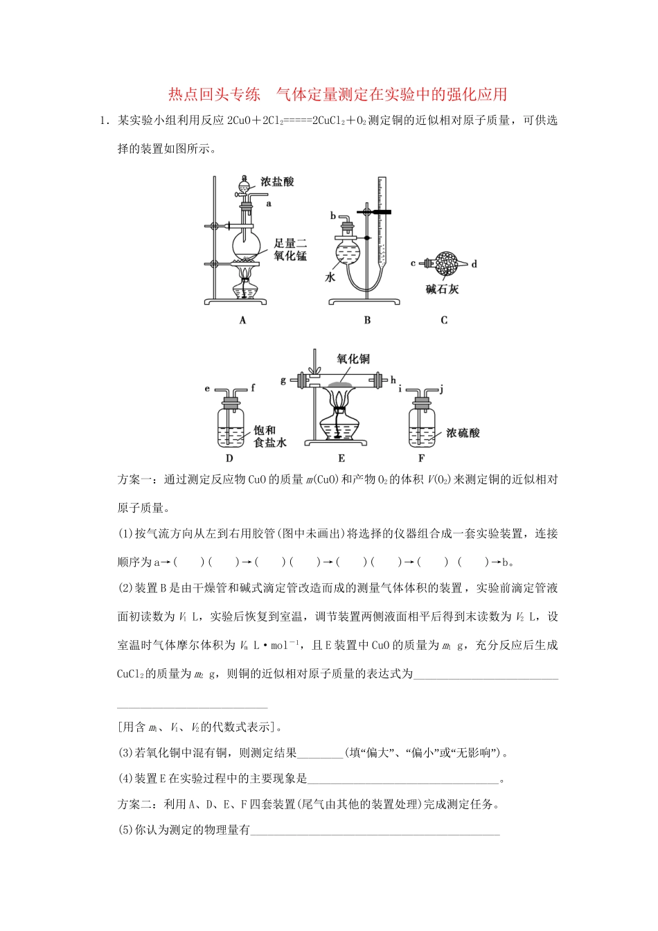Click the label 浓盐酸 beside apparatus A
point(277,181)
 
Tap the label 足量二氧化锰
point(290,249)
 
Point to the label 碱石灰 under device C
point(442,289)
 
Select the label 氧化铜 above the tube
point(353,359)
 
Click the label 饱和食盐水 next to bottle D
point(269,436)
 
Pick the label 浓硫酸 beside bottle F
point(463,433)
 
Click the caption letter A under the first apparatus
point(242,320)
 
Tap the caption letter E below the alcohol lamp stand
point(341,458)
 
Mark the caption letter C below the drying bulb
point(444,320)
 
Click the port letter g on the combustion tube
point(283,380)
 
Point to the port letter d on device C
point(474,264)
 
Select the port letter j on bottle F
point(441,389)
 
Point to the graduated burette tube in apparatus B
point(380,222)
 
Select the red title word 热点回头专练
point(215,94)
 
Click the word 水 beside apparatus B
point(330,277)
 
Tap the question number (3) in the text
point(125,753)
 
